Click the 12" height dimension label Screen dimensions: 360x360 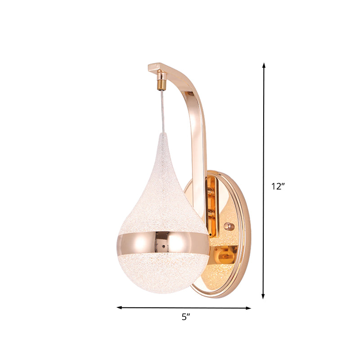(x=279, y=187)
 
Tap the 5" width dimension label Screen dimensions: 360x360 (x=184, y=317)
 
